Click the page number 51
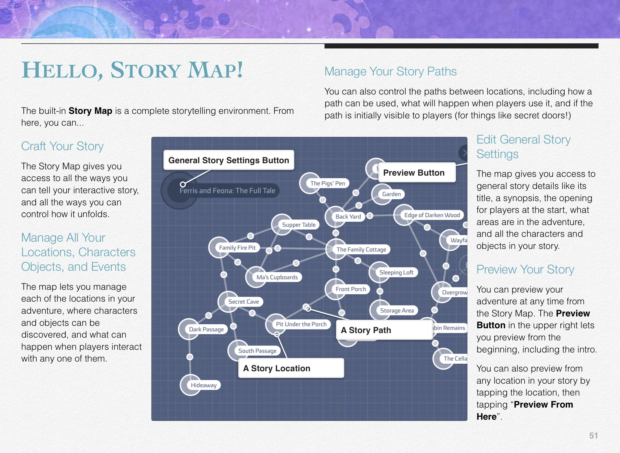coord(593,435)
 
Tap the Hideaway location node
coord(203,385)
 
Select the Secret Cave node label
coord(243,302)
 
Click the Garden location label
coord(391,194)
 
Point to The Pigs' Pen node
coord(327,183)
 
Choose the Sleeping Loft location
coord(396,272)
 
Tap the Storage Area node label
coord(397,310)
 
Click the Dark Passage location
coord(206,329)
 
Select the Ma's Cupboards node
coord(277,277)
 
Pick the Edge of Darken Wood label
coord(432,215)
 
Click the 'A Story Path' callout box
coord(384,330)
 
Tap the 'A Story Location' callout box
coord(291,368)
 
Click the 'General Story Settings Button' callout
coord(229,160)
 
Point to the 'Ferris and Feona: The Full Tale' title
coord(227,190)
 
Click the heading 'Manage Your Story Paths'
coord(390,71)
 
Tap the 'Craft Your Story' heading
coord(62,146)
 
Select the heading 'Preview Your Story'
coord(525,269)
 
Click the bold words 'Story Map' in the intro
coord(90,111)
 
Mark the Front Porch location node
coord(350,289)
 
